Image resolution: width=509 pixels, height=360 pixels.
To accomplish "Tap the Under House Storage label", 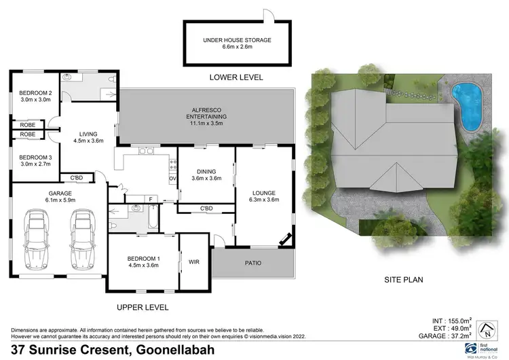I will tap(237, 40).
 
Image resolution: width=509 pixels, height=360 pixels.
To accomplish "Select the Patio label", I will tap(252, 263).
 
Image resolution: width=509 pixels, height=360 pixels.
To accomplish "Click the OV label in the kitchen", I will tap(172, 179).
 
